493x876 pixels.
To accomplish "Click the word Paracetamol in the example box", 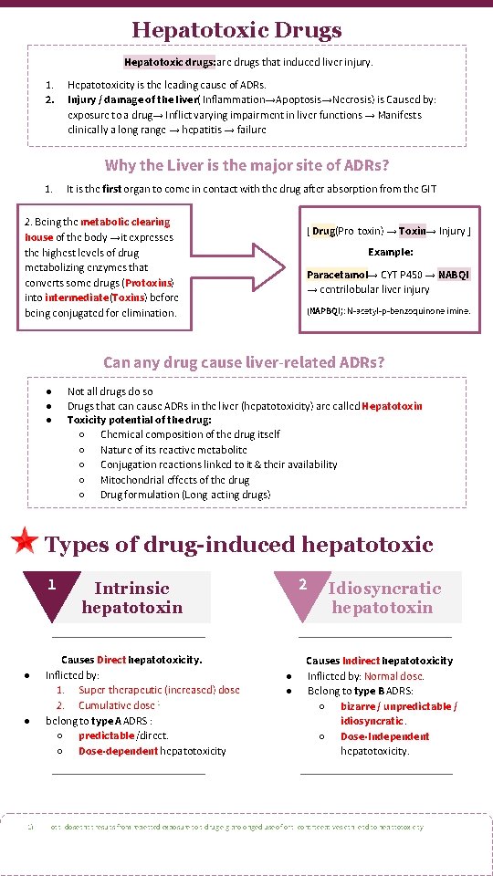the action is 337,274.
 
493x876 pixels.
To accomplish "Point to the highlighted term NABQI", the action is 454,274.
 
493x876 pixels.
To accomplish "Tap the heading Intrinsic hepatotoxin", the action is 132,598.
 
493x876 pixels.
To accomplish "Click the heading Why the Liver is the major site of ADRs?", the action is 246,165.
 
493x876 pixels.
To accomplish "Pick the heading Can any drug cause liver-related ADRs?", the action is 244,362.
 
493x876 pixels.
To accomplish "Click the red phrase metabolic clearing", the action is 124,222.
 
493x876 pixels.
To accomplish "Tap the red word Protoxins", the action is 148,283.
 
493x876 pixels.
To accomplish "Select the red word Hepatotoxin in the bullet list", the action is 393,405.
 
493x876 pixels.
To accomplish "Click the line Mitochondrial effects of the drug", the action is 174,479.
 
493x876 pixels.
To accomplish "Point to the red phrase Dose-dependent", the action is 117,751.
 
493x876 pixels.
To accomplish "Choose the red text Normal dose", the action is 393,676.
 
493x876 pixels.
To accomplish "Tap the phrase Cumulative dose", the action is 119,705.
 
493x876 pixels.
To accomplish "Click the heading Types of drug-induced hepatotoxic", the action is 238,545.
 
